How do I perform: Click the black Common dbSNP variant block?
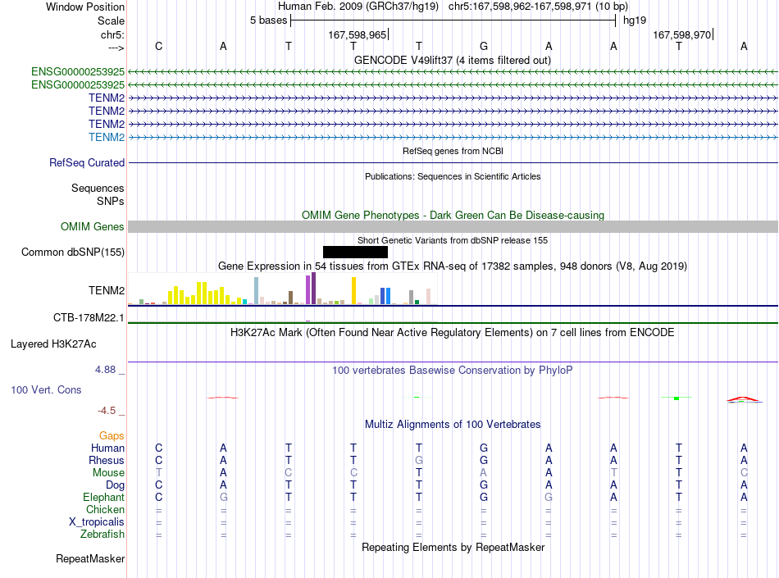point(355,253)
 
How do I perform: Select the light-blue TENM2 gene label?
point(107,137)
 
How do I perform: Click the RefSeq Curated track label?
point(87,163)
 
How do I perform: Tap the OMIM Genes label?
point(93,227)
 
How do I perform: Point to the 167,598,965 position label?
point(358,34)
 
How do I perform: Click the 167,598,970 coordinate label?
point(681,34)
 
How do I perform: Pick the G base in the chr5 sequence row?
point(484,46)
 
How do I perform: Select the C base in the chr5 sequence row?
point(158,46)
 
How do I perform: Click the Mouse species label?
point(108,473)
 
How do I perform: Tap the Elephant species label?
point(104,497)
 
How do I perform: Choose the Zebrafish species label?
point(102,535)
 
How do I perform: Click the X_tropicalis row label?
point(97,522)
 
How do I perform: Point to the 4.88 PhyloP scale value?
point(105,370)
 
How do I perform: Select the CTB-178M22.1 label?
point(89,318)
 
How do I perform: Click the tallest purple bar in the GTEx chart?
point(313,288)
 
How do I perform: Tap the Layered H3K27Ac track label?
point(53,344)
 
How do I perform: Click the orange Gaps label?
point(112,435)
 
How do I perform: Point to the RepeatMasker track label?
point(90,559)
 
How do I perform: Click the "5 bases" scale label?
point(268,20)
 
